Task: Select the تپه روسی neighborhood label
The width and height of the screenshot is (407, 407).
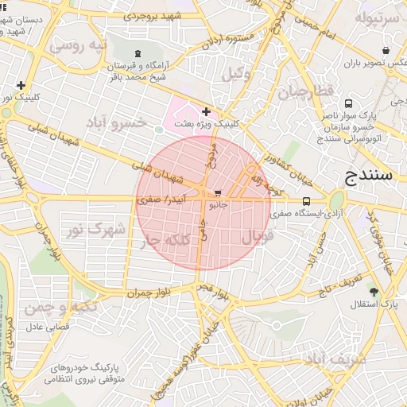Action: (x=78, y=45)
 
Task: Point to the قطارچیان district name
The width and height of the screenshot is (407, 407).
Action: (x=304, y=92)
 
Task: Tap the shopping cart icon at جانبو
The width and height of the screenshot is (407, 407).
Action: (x=217, y=193)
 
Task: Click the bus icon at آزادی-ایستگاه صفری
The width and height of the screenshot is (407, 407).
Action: (x=307, y=201)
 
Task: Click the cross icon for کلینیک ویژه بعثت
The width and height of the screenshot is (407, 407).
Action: (x=206, y=111)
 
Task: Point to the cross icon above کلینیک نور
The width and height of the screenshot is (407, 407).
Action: (x=20, y=85)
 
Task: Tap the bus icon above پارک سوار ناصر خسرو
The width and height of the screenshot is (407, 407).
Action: (x=348, y=103)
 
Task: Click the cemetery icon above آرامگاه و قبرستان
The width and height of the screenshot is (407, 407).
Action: (x=140, y=53)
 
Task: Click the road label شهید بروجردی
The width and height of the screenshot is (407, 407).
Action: (x=150, y=14)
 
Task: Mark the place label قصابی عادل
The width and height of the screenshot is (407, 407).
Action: (x=48, y=326)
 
